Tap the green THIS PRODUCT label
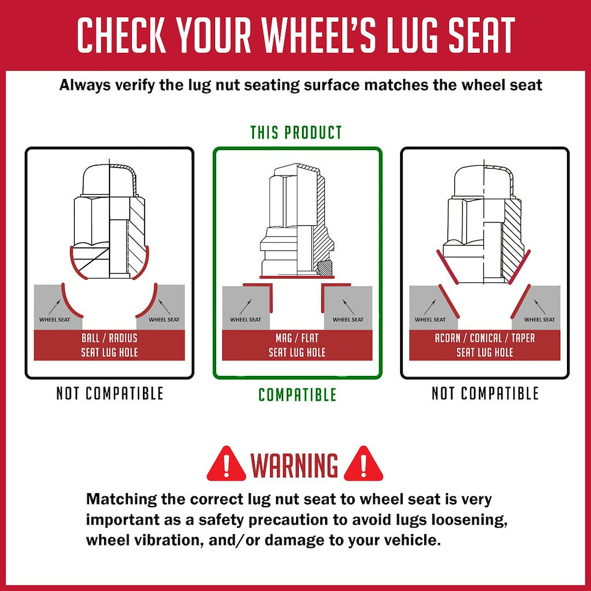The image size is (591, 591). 296,132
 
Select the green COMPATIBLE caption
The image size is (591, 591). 297,395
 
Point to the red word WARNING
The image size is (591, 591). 294,465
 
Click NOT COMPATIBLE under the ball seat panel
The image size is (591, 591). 109,393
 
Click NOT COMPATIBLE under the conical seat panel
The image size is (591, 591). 485,393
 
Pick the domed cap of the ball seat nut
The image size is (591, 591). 109,180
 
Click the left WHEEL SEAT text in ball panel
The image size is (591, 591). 55,320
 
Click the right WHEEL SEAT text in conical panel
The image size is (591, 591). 540,320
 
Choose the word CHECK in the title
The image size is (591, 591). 121,34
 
